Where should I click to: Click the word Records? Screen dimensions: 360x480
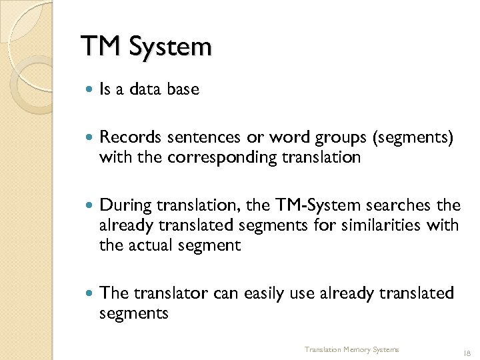131,137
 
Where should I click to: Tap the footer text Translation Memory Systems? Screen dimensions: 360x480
351,349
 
